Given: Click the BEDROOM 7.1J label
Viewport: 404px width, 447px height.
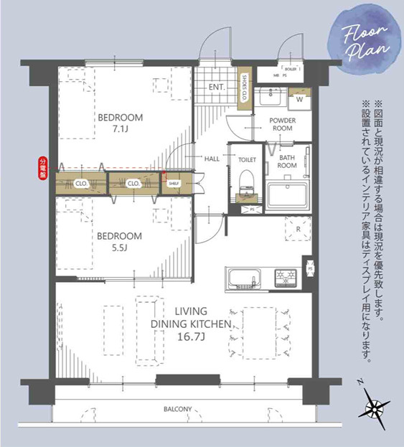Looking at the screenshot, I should (x=121, y=123).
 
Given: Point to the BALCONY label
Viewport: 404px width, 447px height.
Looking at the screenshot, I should (x=178, y=410).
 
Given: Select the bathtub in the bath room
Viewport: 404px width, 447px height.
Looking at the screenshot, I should (x=287, y=195).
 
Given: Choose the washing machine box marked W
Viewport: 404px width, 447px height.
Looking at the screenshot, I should (x=299, y=100).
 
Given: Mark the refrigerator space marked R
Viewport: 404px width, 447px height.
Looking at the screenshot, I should (x=297, y=230).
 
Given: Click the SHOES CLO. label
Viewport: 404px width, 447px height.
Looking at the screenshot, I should (x=245, y=88).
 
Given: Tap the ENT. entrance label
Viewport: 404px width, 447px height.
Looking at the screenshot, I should (x=217, y=88).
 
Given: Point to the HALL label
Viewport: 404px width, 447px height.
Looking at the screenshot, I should (x=212, y=159).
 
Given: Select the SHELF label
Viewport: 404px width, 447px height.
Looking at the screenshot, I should (x=174, y=183).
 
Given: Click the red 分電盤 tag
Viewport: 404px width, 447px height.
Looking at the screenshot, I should (x=42, y=167).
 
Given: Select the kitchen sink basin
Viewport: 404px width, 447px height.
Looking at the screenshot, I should (x=241, y=276).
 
